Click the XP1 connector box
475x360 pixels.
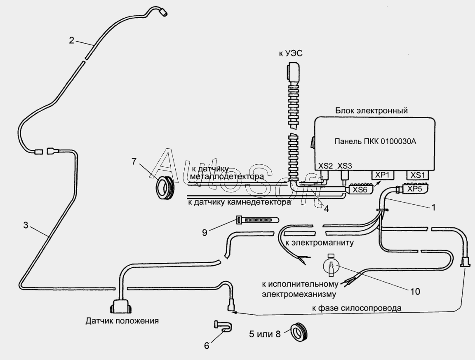[383, 175]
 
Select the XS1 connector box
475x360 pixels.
[417, 175]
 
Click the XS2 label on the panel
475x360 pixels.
[325, 166]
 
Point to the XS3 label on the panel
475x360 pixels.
[345, 166]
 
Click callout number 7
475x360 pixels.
[134, 161]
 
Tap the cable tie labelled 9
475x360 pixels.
[257, 220]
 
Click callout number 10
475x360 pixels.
[415, 291]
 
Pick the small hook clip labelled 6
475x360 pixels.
[223, 326]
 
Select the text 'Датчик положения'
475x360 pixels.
[122, 321]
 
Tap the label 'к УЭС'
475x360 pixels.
[291, 54]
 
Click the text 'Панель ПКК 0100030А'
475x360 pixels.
[375, 141]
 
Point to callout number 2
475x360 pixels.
[71, 40]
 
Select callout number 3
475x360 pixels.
[26, 225]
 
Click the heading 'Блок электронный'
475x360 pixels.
[372, 110]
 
